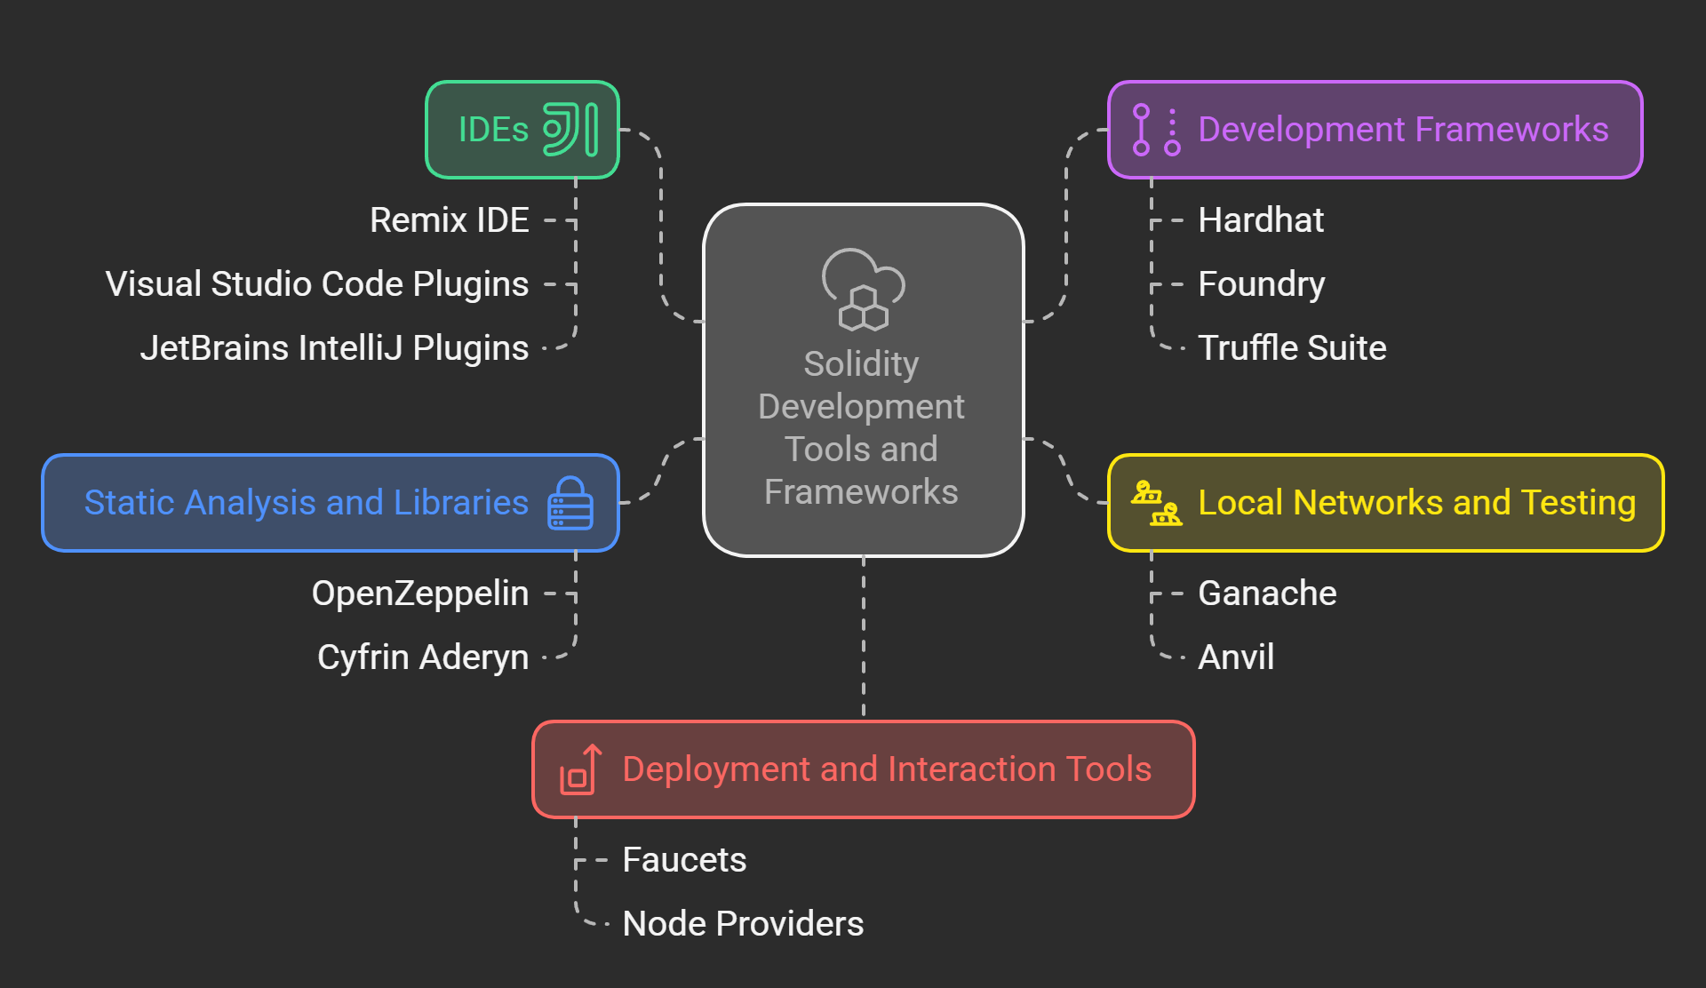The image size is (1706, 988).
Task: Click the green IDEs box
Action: pyautogui.click(x=522, y=130)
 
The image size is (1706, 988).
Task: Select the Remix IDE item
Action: pyautogui.click(x=449, y=220)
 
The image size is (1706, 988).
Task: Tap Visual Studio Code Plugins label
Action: pyautogui.click(x=317, y=284)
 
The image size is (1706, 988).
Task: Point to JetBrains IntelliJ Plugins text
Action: pyautogui.click(x=334, y=348)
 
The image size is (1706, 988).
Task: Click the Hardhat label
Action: pyautogui.click(x=1260, y=220)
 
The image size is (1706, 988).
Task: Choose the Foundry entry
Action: pyautogui.click(x=1261, y=284)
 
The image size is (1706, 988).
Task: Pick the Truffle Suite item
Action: pyautogui.click(x=1291, y=348)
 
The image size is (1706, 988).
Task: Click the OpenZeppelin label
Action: pyautogui.click(x=419, y=594)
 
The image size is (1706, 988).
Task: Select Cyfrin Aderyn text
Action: pyautogui.click(x=423, y=657)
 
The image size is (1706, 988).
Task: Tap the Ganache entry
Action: pyautogui.click(x=1266, y=594)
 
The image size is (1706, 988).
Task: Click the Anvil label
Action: pyautogui.click(x=1235, y=657)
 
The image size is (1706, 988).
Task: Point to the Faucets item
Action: pyautogui.click(x=684, y=860)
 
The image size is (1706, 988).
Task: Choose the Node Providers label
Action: pyautogui.click(x=743, y=924)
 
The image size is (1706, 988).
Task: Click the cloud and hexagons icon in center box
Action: pyautogui.click(x=863, y=290)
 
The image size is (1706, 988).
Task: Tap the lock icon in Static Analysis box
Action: pyautogui.click(x=570, y=503)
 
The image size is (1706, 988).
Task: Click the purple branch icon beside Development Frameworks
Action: pyautogui.click(x=1156, y=130)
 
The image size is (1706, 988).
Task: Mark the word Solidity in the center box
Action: pyautogui.click(x=861, y=364)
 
